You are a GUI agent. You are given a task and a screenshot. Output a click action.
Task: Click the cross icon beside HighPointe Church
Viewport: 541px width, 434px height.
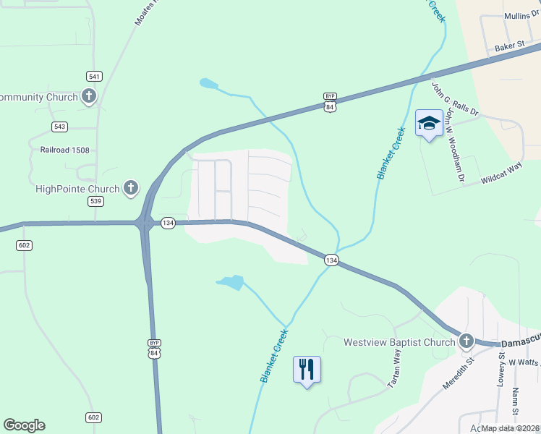131,189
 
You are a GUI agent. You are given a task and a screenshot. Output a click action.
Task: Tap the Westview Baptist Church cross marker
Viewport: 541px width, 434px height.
467,341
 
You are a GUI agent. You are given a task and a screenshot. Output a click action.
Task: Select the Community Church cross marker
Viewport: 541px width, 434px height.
89,96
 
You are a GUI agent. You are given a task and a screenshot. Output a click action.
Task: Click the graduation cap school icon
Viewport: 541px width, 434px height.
429,124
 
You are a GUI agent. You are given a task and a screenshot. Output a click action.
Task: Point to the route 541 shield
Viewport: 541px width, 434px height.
94,76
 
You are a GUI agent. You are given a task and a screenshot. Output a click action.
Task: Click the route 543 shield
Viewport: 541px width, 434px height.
59,127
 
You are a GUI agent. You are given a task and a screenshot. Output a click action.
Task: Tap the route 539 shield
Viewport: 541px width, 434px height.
95,201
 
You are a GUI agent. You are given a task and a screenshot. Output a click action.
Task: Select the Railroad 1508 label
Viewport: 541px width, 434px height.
69,150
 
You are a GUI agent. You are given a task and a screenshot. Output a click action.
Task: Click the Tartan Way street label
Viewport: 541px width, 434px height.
395,369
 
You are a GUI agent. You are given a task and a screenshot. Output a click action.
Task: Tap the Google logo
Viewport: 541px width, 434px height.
24,425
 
